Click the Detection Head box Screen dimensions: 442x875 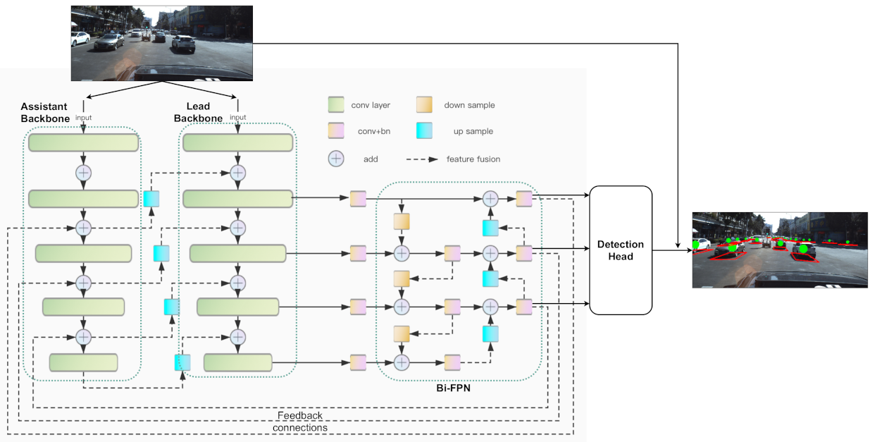point(620,250)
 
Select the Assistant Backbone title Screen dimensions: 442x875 point(45,113)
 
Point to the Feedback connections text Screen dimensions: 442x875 point(300,422)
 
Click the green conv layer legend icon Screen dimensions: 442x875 point(336,105)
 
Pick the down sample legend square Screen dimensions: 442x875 point(424,105)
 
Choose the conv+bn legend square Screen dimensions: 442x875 point(336,132)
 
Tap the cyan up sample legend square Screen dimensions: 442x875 point(424,132)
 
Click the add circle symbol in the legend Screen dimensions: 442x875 point(336,159)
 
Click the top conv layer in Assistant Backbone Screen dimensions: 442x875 point(83,142)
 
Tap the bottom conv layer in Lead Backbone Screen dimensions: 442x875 point(237,363)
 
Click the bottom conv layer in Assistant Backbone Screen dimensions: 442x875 point(83,363)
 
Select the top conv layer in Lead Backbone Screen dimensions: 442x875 point(237,142)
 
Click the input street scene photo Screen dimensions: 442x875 point(161,42)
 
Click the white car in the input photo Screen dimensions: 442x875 point(183,44)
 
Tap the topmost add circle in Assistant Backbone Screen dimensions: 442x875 point(83,172)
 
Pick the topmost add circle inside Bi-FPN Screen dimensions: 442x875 point(490,199)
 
